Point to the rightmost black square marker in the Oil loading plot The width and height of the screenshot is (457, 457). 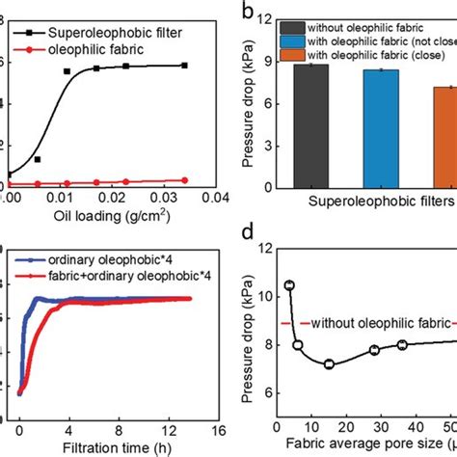[184, 66]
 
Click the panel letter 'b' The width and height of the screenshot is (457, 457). [248, 13]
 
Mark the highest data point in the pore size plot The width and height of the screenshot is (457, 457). [289, 285]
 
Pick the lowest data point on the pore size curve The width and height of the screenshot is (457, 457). [329, 364]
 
